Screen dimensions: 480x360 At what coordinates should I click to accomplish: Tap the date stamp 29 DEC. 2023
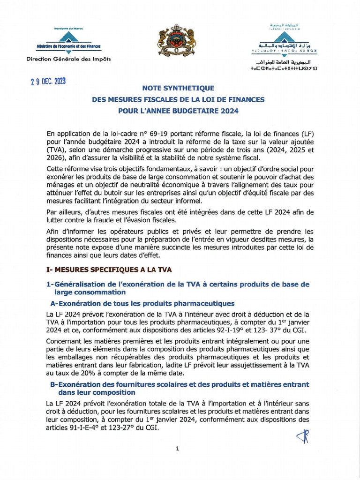pyautogui.click(x=45, y=82)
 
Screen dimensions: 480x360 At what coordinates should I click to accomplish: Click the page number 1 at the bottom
pyautogui.click(x=178, y=449)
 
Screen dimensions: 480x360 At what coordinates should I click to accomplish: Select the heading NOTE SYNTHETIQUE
pyautogui.click(x=178, y=88)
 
